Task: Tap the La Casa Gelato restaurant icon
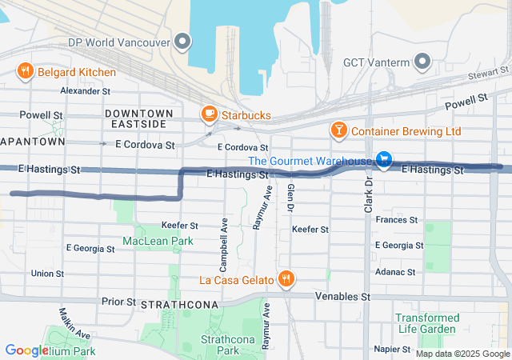tap(286, 279)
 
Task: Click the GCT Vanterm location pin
tap(422, 62)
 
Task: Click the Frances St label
tap(397, 219)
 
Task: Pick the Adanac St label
tap(396, 272)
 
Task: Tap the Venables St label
tap(344, 297)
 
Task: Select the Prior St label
tap(118, 302)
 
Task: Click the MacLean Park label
tap(158, 241)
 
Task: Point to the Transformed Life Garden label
tap(427, 323)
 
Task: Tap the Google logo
tap(26, 350)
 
